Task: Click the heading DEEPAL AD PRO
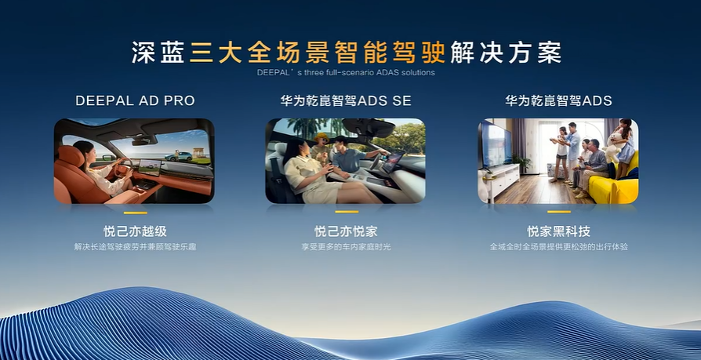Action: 135,100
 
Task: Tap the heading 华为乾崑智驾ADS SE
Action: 346,100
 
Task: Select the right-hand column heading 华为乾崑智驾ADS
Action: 558,100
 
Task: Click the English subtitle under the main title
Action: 346,72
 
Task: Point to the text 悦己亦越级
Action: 135,231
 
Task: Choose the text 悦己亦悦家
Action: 346,231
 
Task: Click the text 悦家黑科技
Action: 559,231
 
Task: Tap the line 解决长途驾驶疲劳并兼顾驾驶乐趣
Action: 135,246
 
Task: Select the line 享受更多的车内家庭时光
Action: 346,246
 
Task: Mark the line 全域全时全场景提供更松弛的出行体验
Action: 559,246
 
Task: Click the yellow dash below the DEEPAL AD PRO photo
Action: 135,213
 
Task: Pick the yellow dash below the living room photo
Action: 559,212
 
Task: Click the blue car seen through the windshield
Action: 178,156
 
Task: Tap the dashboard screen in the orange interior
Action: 150,167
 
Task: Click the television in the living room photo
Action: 495,145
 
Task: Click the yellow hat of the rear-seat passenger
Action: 321,137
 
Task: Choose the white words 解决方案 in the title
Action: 506,53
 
